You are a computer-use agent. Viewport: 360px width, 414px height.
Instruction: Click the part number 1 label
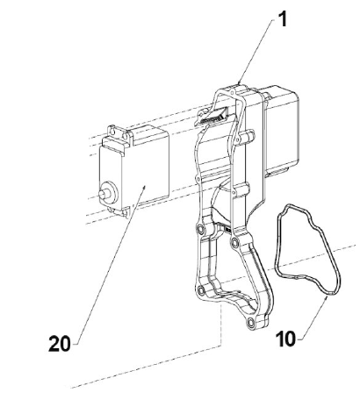click(x=283, y=19)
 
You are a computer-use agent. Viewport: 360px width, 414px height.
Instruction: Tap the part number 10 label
click(x=285, y=339)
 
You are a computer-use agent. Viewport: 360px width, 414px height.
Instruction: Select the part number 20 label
click(x=60, y=343)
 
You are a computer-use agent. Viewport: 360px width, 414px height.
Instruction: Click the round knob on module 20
click(x=107, y=193)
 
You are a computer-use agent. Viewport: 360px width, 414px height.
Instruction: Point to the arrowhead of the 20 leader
click(x=144, y=188)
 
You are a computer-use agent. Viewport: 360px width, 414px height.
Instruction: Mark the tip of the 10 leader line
click(x=327, y=296)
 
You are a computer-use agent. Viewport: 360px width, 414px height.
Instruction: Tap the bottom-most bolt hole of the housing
click(x=251, y=323)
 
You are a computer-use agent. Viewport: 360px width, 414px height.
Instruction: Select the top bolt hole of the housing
click(x=233, y=93)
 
